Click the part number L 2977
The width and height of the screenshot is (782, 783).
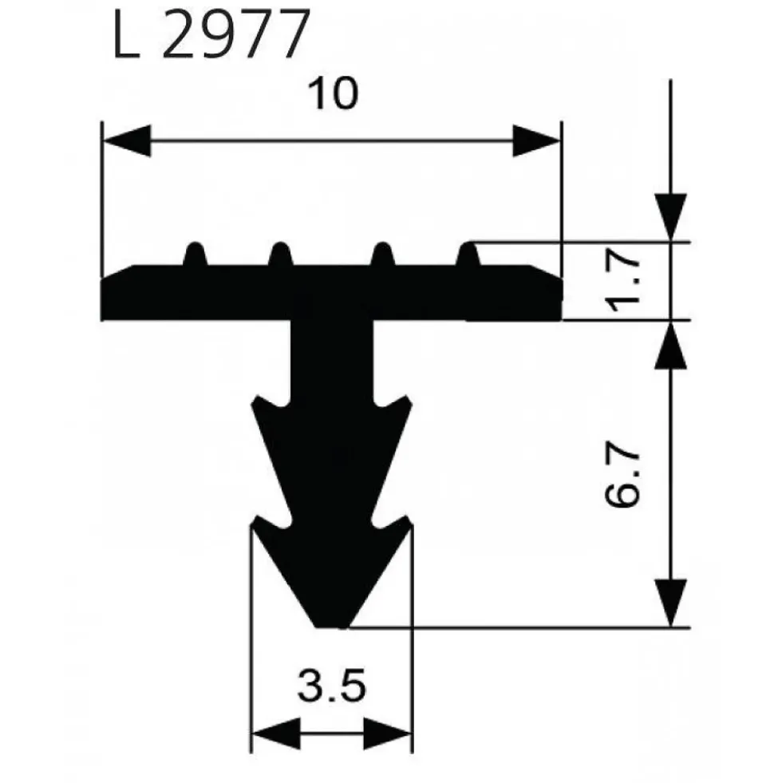click(x=210, y=34)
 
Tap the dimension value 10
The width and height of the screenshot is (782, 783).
click(x=333, y=93)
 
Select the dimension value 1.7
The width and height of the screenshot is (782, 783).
click(x=622, y=282)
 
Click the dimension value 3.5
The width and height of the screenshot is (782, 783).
click(x=332, y=686)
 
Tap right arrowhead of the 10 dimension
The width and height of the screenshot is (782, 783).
click(x=537, y=140)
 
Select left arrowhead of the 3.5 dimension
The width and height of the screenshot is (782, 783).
click(x=275, y=734)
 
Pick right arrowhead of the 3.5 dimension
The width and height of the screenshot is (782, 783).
click(x=388, y=734)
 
